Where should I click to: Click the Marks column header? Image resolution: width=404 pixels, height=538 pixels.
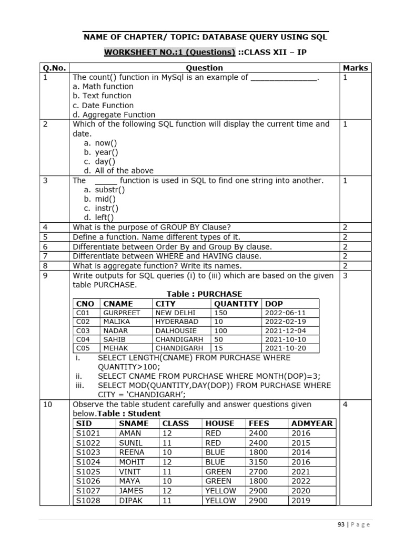coord(356,68)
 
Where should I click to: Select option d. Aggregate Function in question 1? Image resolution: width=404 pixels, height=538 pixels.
coord(114,115)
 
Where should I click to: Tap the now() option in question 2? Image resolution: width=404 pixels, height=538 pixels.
coord(106,143)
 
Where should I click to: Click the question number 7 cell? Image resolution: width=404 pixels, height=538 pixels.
coord(46,256)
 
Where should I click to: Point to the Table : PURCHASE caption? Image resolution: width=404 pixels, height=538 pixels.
coord(204,294)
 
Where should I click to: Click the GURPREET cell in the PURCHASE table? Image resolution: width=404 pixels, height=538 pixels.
coord(122,313)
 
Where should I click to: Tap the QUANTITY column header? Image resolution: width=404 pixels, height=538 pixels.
coord(236,304)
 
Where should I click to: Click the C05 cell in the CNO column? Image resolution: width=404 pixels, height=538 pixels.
coord(84,348)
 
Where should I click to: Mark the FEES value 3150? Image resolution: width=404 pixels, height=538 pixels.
coord(258,462)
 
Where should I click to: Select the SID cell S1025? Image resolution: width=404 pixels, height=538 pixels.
coord(88,472)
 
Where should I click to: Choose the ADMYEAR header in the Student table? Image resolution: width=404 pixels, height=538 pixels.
coord(311,423)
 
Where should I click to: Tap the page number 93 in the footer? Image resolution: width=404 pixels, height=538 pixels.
coord(341,524)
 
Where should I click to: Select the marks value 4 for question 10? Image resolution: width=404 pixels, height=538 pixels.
coord(346,405)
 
